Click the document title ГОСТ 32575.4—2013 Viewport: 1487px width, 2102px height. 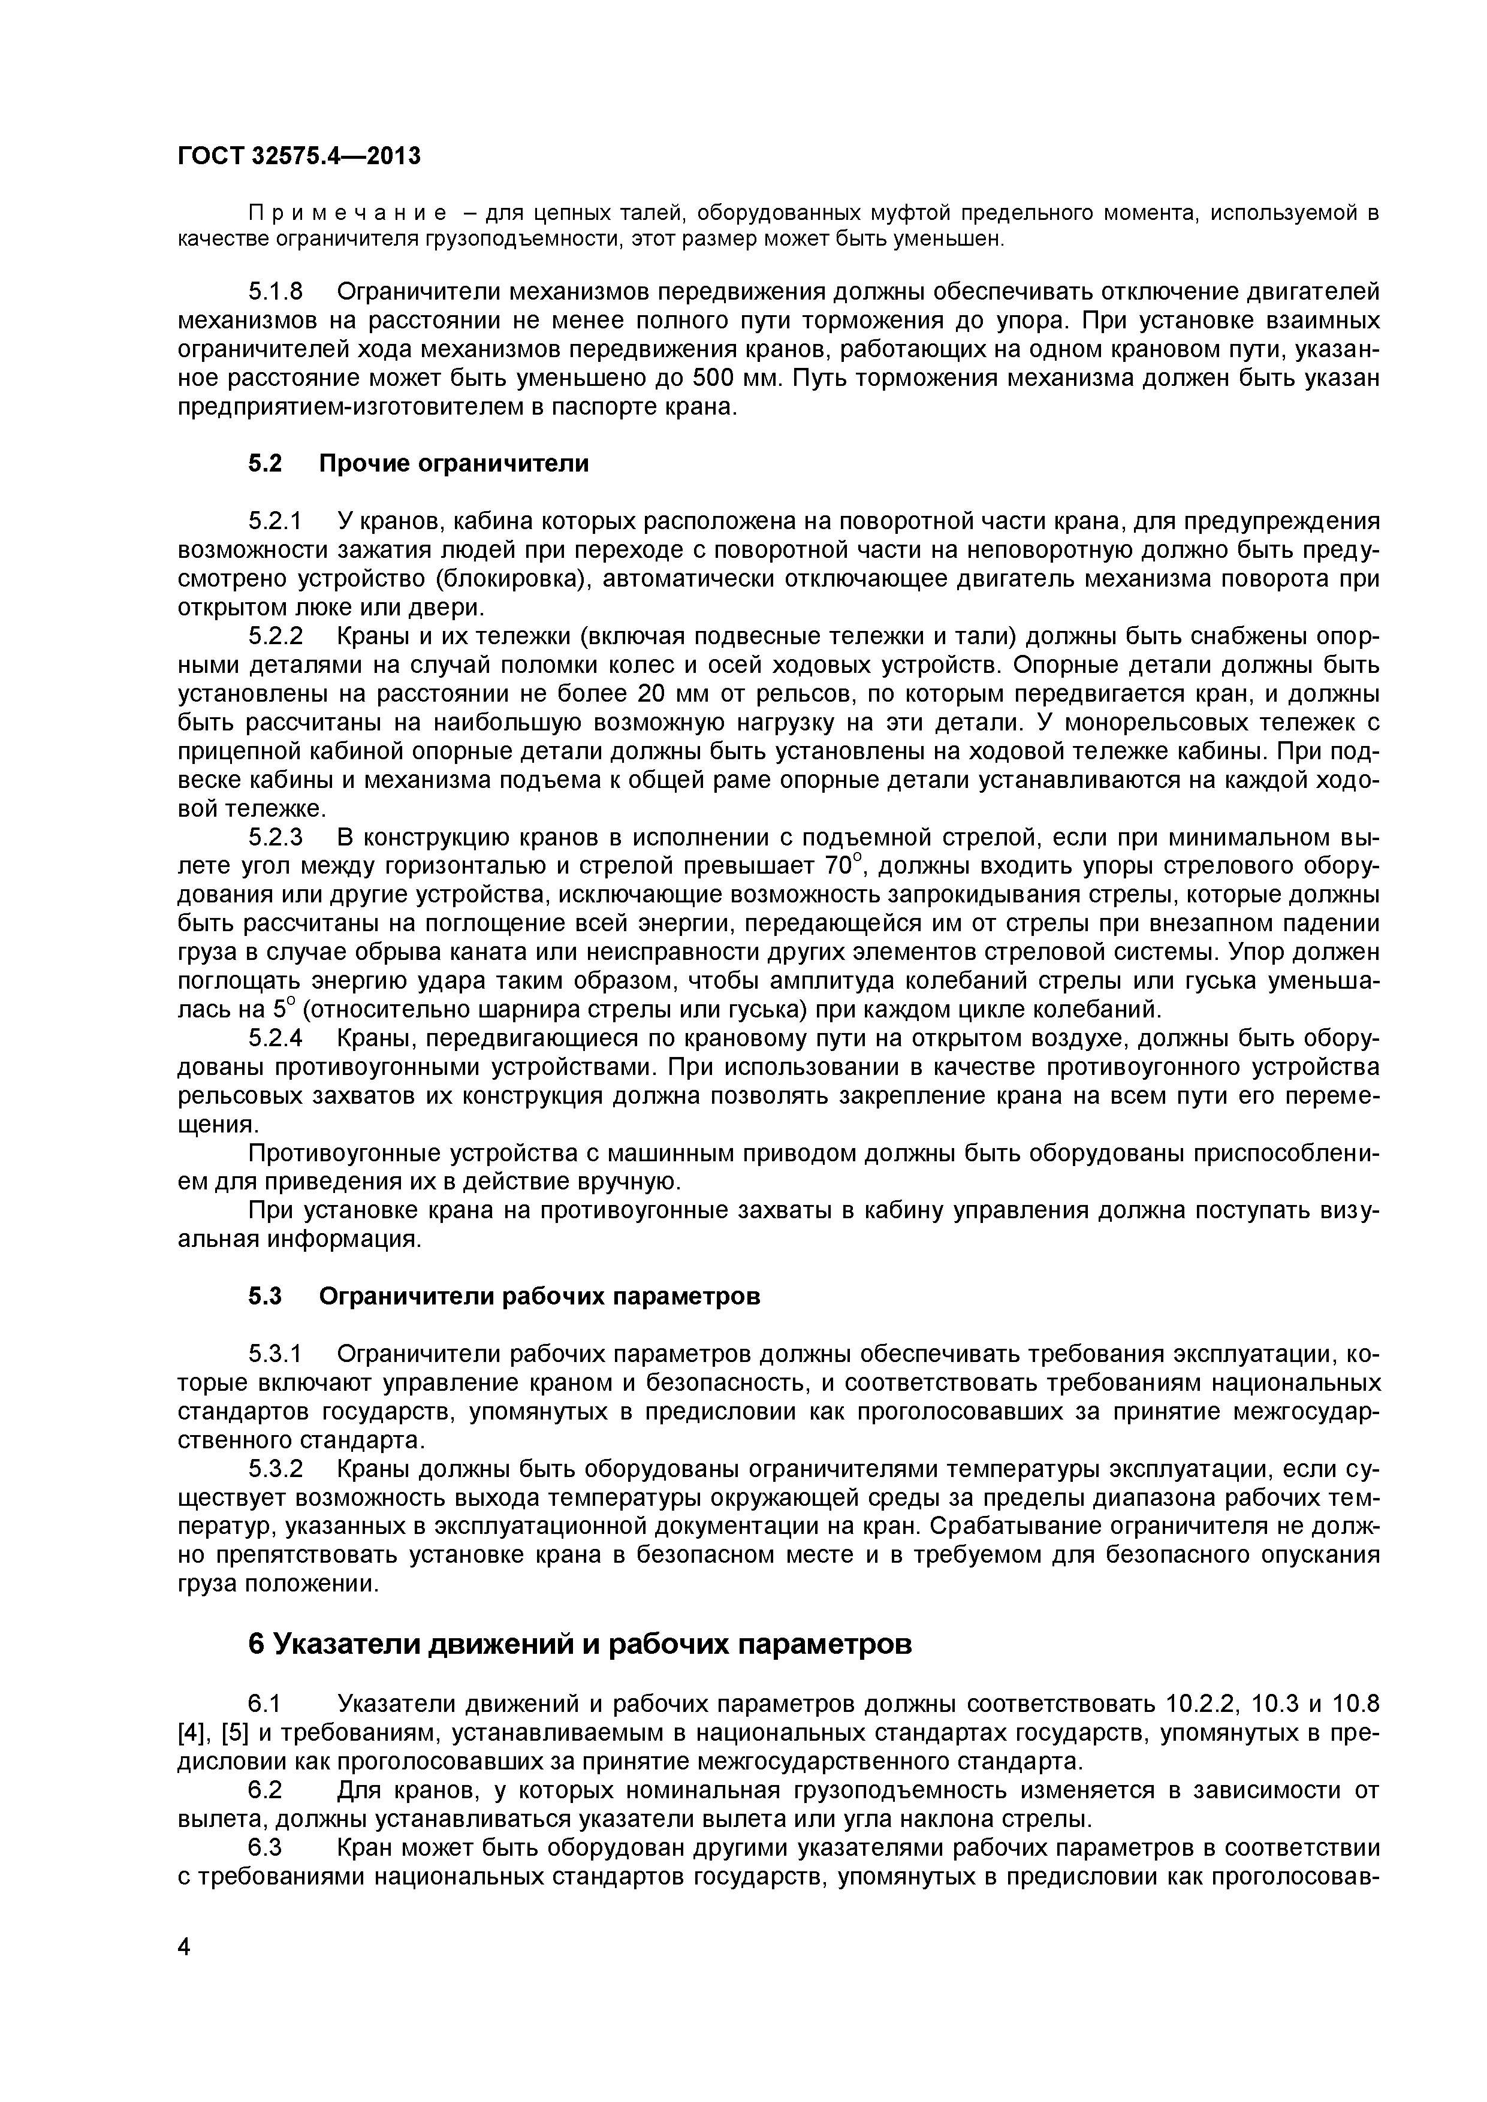(x=298, y=156)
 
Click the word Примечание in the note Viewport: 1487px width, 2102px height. (x=348, y=215)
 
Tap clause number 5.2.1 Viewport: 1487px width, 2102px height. (x=275, y=522)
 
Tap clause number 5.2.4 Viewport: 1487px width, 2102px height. (x=275, y=1039)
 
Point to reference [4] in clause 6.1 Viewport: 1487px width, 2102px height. (x=193, y=1733)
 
